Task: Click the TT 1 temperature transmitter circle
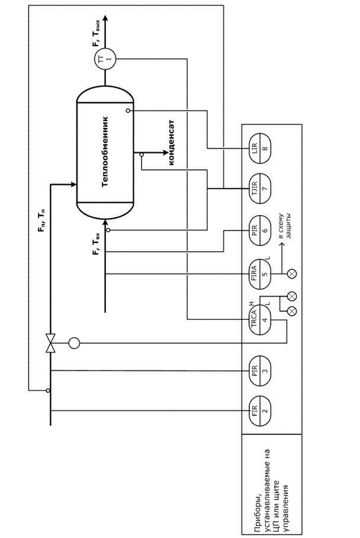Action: (x=105, y=59)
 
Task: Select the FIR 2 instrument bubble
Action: (x=260, y=411)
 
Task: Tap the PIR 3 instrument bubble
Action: (x=260, y=370)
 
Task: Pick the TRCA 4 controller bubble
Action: (x=260, y=320)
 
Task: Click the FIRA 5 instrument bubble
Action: (x=260, y=274)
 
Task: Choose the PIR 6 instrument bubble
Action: (x=260, y=230)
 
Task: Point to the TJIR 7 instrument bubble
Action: (x=260, y=188)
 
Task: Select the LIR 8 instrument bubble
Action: (x=260, y=149)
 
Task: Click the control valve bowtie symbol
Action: (x=51, y=342)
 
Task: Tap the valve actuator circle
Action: (x=74, y=342)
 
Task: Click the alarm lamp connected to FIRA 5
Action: (x=292, y=274)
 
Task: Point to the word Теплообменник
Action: (x=105, y=151)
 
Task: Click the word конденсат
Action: (x=172, y=142)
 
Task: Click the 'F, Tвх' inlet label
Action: (x=97, y=244)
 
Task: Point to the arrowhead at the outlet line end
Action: (x=105, y=17)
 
